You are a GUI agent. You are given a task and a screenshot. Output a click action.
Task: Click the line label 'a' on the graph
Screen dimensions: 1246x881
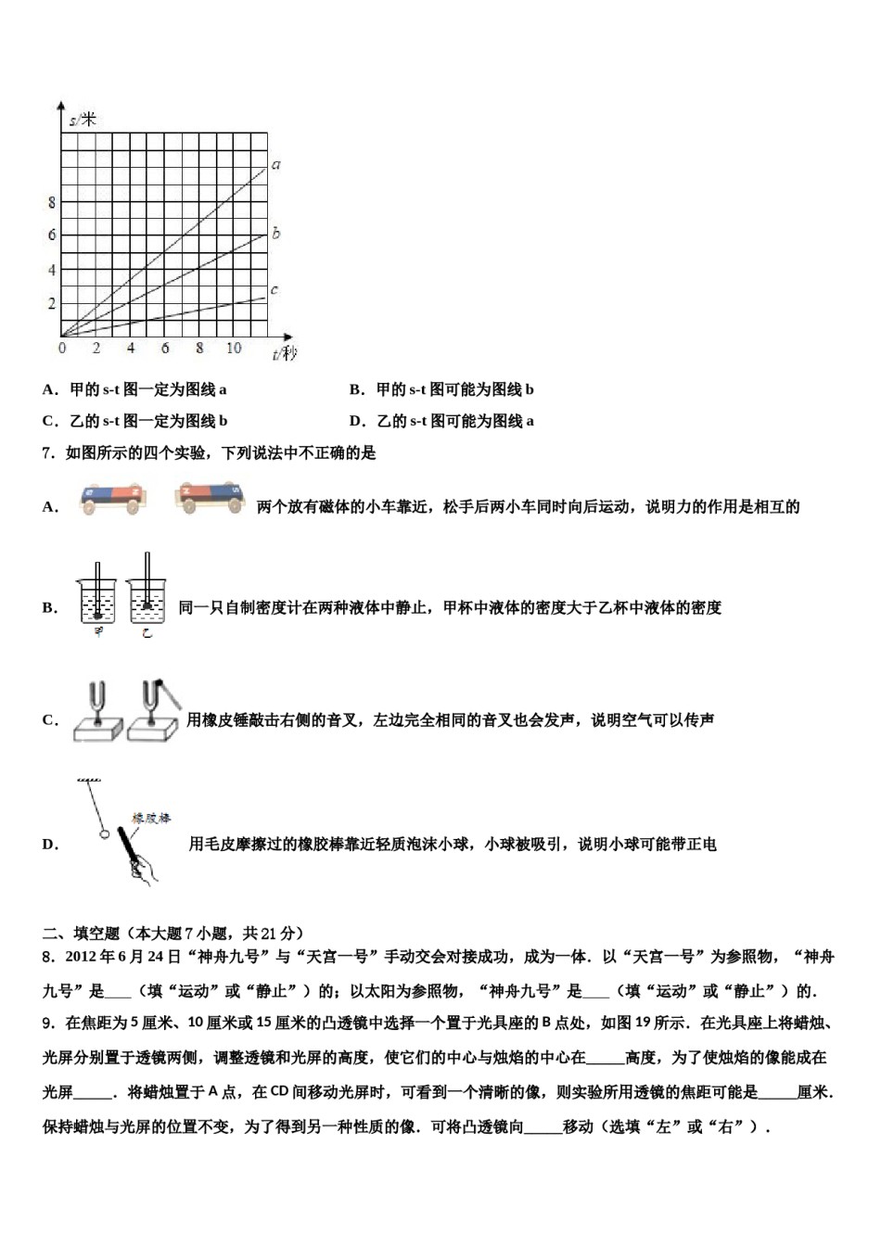(x=276, y=166)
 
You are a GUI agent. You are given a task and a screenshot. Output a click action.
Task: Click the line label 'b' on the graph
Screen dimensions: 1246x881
(x=276, y=234)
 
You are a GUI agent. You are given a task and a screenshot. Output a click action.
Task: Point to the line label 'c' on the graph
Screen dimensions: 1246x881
(x=275, y=290)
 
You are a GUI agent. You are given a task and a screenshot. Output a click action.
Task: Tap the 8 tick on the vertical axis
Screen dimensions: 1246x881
(x=52, y=203)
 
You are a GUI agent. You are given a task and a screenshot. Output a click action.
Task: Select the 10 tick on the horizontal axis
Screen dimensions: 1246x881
(x=233, y=349)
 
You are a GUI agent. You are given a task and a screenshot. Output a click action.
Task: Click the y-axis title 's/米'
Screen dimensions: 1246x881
(x=83, y=120)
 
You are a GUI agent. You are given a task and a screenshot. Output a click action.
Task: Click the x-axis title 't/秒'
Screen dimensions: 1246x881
(x=285, y=353)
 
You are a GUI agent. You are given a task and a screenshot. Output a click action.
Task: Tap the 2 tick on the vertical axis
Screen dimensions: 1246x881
(x=52, y=304)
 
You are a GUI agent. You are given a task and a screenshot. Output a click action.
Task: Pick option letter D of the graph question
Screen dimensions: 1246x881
(x=357, y=422)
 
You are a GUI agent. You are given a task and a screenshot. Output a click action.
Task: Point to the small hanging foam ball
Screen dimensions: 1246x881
(x=105, y=833)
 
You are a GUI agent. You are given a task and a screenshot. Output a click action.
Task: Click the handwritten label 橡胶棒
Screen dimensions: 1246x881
(x=151, y=819)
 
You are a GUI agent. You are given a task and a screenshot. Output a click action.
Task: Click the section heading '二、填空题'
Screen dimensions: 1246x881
(x=82, y=934)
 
